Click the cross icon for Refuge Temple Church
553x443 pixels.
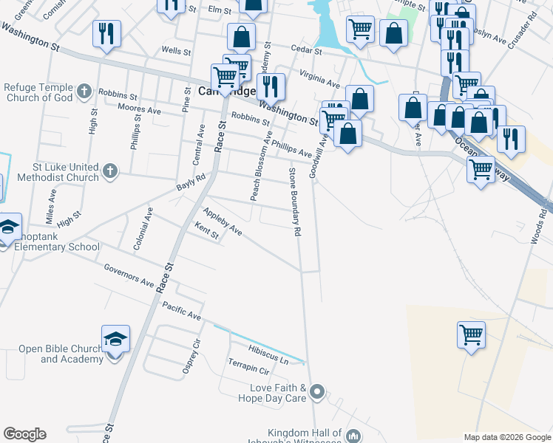(x=84, y=92)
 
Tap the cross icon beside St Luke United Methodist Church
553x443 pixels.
(x=109, y=172)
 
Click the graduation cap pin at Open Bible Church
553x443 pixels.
(x=115, y=339)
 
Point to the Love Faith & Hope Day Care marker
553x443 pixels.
(x=318, y=391)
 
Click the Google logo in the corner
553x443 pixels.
(x=24, y=434)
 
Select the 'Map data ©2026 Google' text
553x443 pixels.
(x=507, y=437)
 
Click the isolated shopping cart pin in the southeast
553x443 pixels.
(x=471, y=335)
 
